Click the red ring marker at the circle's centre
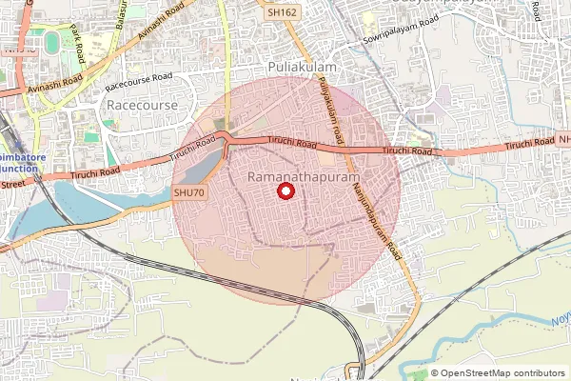[x=285, y=190]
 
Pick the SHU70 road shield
[x=189, y=192]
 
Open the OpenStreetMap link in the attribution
[x=475, y=373]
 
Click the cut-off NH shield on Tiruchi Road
[x=564, y=140]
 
